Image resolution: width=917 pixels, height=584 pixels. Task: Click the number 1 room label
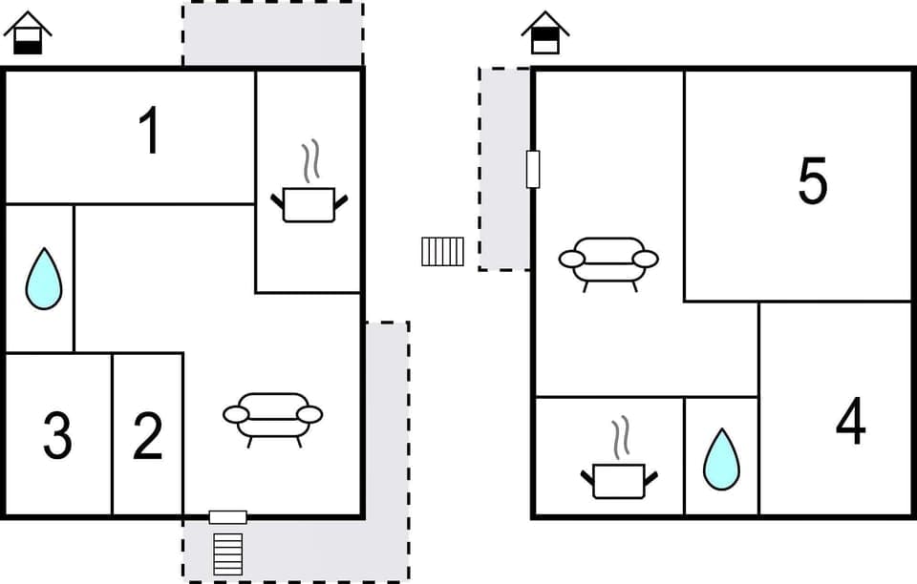[149, 132]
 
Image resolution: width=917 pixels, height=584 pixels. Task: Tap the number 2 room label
[148, 436]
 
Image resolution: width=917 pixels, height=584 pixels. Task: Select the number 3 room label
[57, 436]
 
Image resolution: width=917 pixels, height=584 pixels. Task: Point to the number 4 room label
[850, 422]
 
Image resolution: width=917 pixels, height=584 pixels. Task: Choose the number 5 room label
[812, 181]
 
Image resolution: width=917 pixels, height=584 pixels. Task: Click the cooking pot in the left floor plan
[309, 203]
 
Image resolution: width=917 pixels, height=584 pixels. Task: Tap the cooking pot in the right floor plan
[619, 479]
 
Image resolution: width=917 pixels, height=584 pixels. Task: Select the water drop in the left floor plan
[43, 279]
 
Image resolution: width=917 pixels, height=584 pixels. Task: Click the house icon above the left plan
[28, 33]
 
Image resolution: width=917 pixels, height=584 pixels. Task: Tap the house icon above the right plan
[544, 33]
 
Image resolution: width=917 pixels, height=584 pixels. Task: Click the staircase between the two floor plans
[442, 251]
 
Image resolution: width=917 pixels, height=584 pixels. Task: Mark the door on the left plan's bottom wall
[228, 517]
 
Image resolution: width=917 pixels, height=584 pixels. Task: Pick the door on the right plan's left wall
[533, 169]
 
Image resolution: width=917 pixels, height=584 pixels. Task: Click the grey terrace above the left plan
[273, 33]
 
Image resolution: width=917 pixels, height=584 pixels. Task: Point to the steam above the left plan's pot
[309, 162]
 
